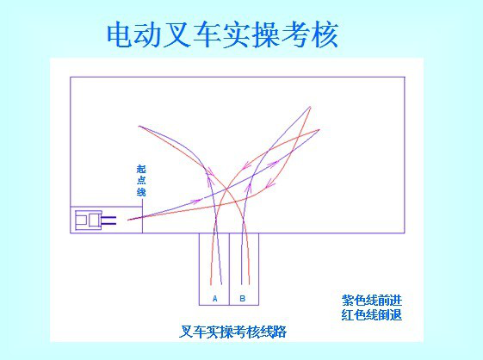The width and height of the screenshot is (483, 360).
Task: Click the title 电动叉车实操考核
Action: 223,35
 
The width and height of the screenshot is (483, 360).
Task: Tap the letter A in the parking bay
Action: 215,298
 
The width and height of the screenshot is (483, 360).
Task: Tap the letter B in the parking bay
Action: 243,298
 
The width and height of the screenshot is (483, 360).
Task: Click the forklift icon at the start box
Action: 96,220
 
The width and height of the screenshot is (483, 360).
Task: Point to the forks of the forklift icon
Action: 108,220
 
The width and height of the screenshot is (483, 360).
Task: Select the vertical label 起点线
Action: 141,181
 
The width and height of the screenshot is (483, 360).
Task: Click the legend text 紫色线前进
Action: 372,300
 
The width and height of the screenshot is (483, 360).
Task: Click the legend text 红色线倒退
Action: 372,314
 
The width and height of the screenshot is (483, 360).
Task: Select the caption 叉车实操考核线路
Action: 232,332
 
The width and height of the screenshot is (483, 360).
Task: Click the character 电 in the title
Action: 121,35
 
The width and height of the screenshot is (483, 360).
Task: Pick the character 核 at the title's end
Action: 325,35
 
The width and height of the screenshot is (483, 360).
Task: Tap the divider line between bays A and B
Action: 229,269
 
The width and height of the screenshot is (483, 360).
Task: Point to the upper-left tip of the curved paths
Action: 139,126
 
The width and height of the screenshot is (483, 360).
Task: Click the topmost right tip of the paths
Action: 310,107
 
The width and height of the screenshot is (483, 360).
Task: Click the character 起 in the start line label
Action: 141,169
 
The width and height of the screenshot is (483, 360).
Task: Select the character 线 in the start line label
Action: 141,192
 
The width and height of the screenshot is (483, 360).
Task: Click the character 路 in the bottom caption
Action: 280,332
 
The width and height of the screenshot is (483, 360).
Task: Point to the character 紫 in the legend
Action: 348,300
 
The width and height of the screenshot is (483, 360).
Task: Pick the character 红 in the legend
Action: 348,314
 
